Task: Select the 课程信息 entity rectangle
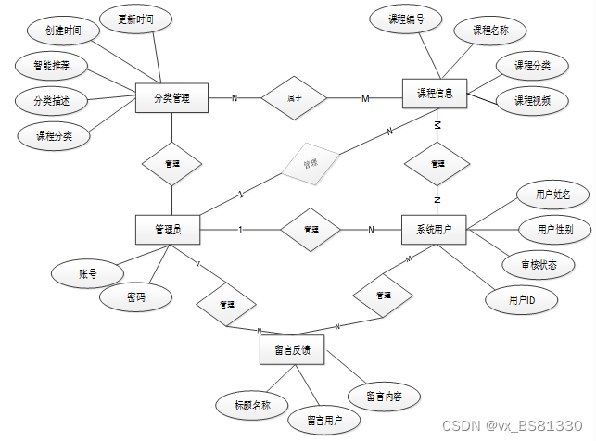pyautogui.click(x=435, y=94)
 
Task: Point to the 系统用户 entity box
pyautogui.click(x=433, y=230)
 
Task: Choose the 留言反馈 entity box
pyautogui.click(x=292, y=350)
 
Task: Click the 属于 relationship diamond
pyautogui.click(x=294, y=96)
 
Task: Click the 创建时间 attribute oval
pyautogui.click(x=62, y=31)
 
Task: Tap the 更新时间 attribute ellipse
pyautogui.click(x=136, y=19)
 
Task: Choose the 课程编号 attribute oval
pyautogui.click(x=405, y=18)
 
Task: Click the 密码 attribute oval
pyautogui.click(x=136, y=297)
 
